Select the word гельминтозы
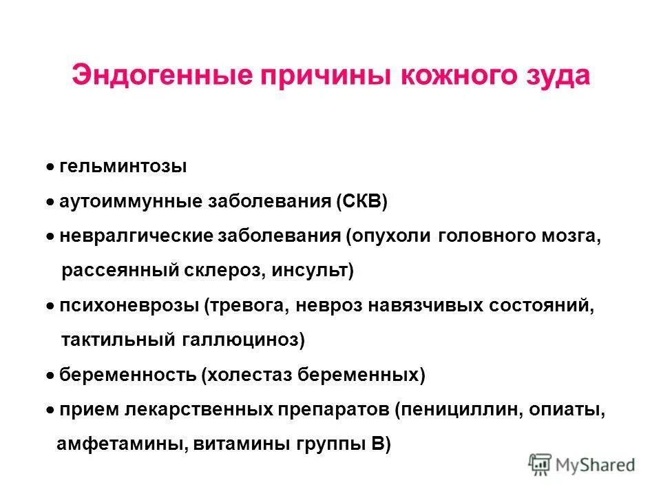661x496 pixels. point(123,167)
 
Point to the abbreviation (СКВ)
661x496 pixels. point(362,202)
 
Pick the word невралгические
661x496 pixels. point(136,236)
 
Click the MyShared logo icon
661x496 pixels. point(541,464)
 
